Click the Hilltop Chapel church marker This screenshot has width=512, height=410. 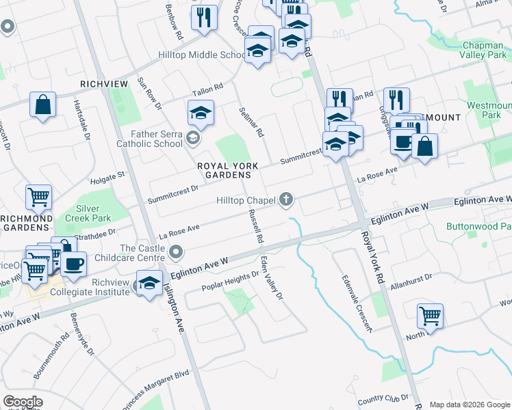[286, 200]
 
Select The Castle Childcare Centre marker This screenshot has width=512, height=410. [177, 253]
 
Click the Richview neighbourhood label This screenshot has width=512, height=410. [104, 83]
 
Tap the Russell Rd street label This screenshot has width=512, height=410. [255, 226]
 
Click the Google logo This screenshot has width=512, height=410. [23, 402]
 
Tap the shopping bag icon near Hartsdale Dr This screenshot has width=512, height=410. [42, 105]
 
